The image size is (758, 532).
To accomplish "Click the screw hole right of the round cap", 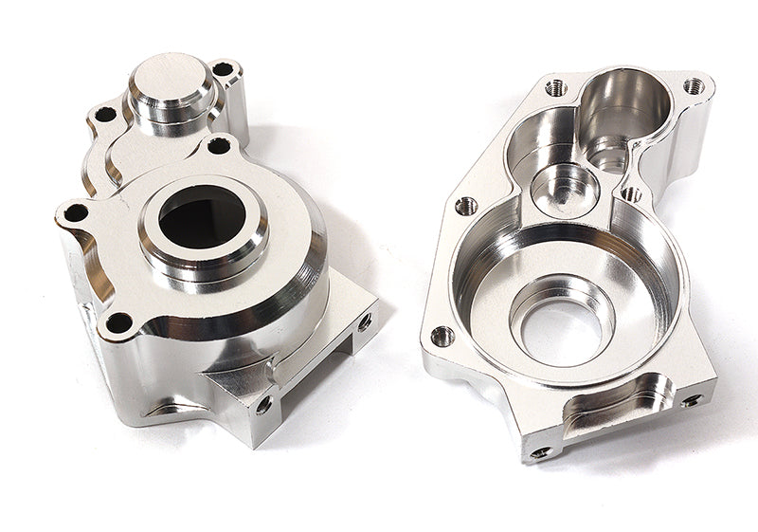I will [x=222, y=69].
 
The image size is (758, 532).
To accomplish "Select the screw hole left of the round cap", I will [x=104, y=114].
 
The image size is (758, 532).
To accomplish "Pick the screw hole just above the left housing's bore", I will [x=218, y=146].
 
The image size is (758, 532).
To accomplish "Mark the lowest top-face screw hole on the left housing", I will [x=118, y=322].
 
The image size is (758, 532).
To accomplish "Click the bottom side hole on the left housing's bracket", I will [x=264, y=404].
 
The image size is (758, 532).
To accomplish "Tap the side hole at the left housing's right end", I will [x=364, y=321].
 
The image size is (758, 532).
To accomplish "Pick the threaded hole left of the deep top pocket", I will [x=556, y=88].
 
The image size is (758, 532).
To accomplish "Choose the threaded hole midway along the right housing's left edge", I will [x=465, y=206].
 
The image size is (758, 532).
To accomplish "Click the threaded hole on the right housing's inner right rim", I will [x=630, y=193].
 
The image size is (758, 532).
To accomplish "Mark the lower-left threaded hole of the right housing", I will [x=442, y=335].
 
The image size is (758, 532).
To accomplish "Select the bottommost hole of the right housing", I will [x=543, y=451].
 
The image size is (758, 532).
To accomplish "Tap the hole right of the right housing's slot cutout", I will [x=691, y=400].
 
